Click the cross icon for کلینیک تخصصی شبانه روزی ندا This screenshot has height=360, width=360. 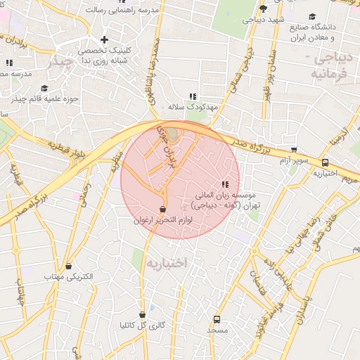point(105,39)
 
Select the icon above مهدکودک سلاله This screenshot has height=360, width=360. point(192,97)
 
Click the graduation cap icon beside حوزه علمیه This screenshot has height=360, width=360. point(45,89)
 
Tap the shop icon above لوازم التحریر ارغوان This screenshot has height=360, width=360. point(163,209)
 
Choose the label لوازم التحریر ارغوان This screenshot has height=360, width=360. point(163,220)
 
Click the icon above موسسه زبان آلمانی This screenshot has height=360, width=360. point(225,184)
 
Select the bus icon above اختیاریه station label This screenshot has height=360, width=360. point(324,163)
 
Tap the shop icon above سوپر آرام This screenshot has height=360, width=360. point(294,150)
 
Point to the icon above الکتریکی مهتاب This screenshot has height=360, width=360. point(69,266)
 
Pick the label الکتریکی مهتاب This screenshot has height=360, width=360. point(68,278)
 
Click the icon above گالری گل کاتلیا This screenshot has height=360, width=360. point(143,315)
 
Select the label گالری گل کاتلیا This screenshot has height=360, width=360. point(142,326)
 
